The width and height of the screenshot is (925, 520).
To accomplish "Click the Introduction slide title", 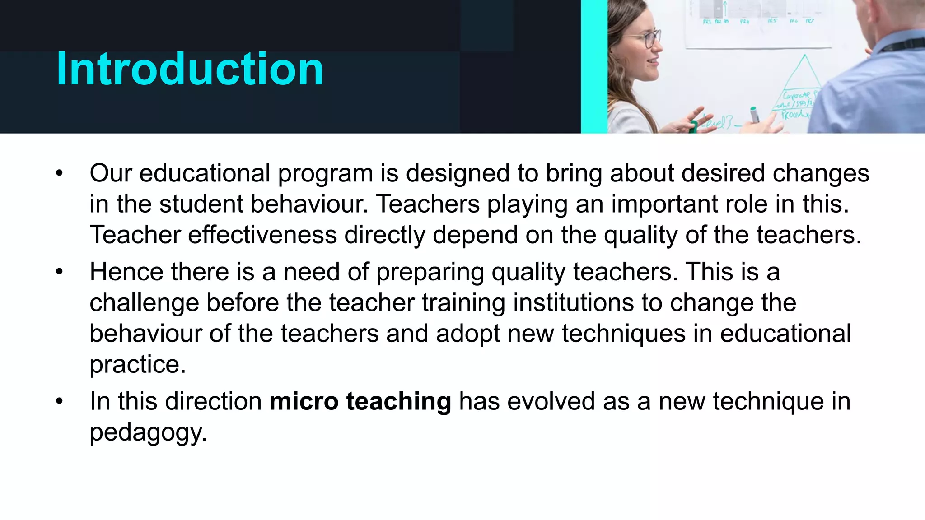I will point(190,69).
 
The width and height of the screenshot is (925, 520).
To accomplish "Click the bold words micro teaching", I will point(360,401).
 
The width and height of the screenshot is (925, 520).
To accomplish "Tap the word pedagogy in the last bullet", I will point(148,432).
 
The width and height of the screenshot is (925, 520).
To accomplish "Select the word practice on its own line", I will point(137,364).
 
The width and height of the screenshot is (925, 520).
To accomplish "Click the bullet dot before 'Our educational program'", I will point(59,173).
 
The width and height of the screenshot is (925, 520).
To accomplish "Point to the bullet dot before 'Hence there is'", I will point(59,272).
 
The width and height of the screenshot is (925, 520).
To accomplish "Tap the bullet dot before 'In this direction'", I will point(59,401).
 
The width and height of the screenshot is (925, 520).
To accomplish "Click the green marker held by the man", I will point(754,115).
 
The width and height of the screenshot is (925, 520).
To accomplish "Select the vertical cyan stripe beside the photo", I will point(593,66).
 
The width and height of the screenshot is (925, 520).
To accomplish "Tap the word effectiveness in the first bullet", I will point(262,235).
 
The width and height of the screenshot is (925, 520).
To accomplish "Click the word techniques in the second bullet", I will point(623,334).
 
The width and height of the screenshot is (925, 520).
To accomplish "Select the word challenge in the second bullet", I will point(144,303).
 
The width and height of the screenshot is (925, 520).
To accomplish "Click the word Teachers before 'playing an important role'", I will point(428,204).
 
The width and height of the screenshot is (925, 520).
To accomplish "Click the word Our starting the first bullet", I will point(110,173).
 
